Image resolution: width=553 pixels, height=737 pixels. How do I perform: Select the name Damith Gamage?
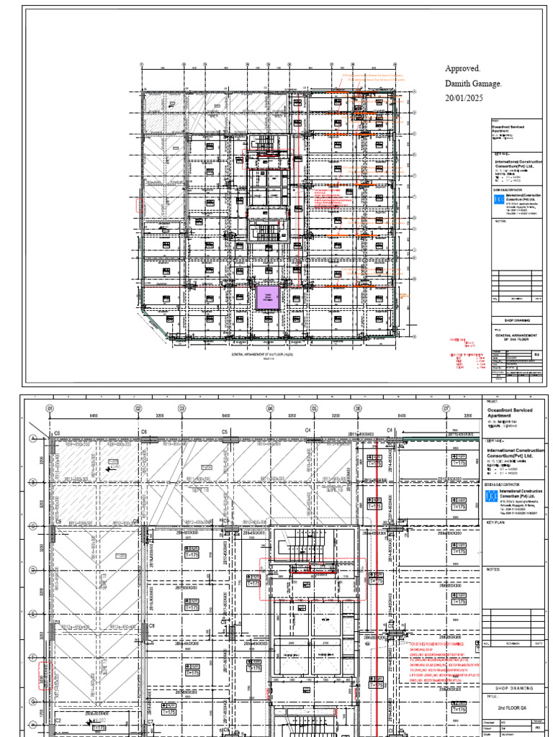[473, 83]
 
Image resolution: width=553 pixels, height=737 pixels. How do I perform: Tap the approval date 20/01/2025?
[464, 98]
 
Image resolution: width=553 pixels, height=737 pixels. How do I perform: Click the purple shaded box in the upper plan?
[266, 297]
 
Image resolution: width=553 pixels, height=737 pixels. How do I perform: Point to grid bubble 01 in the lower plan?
[50, 409]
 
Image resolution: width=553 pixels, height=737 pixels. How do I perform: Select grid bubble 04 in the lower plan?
[270, 409]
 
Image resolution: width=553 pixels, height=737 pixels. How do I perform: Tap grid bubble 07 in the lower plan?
[446, 409]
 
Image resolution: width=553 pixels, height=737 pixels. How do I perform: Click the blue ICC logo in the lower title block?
[490, 496]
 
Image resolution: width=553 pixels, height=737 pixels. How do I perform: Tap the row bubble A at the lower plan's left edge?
[32, 438]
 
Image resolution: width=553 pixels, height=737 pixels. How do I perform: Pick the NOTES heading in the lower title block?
[493, 569]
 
